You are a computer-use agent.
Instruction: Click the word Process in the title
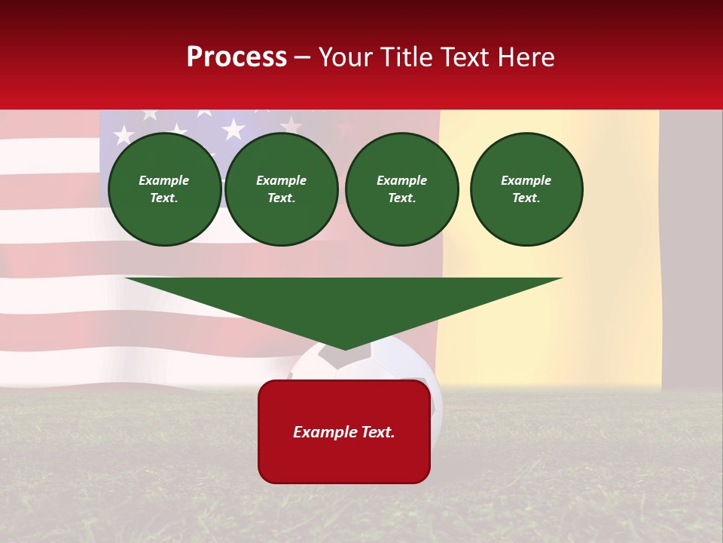236,57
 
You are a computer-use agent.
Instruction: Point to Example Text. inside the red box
344,432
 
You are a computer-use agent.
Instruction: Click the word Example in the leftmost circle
164,180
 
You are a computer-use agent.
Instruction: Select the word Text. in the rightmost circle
526,198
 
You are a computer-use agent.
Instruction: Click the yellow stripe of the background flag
550,317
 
